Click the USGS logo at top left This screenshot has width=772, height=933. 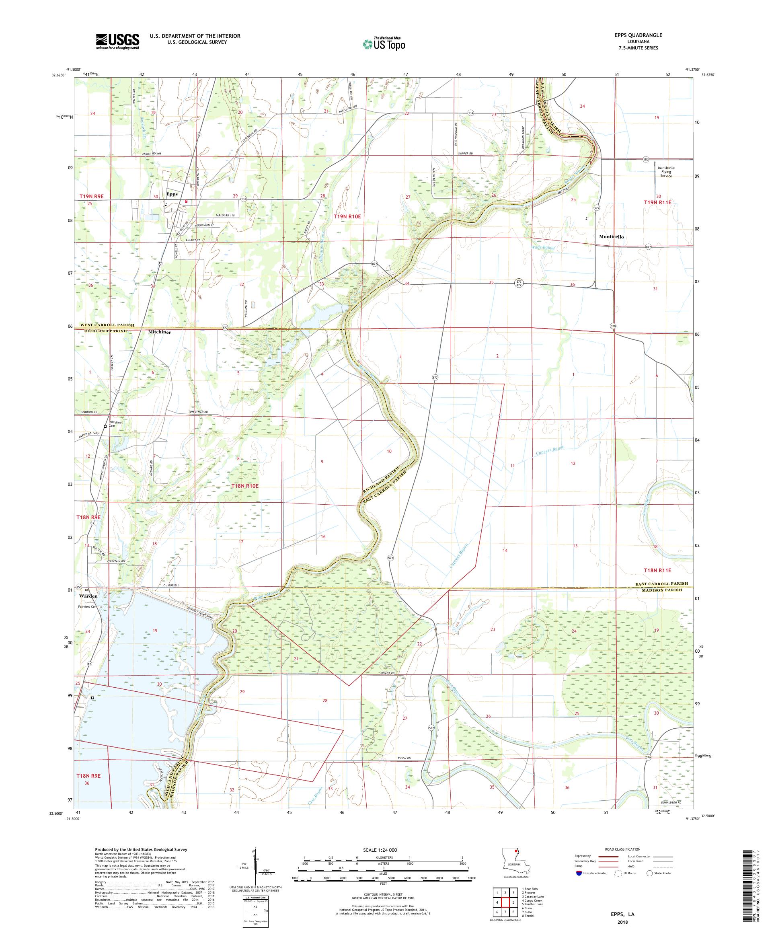coord(117,42)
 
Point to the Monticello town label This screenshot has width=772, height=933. coord(611,237)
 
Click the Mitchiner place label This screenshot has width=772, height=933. coord(160,332)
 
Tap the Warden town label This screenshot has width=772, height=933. coord(88,596)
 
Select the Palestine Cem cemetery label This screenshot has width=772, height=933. coord(115,424)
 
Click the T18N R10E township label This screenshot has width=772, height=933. coord(245,486)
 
